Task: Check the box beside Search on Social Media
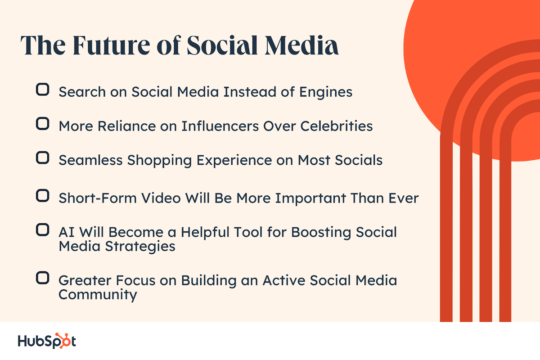coord(43,90)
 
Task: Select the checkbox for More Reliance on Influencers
coord(43,124)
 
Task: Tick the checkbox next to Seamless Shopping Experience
coord(43,158)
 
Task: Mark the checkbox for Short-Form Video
coord(43,196)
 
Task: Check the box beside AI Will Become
coord(43,230)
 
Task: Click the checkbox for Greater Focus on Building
coord(43,278)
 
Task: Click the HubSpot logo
coord(47,341)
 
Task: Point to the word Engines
coord(326,92)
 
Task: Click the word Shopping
coord(160,161)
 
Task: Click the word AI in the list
coord(67,233)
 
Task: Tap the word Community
coord(98,295)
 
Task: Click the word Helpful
coord(205,233)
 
